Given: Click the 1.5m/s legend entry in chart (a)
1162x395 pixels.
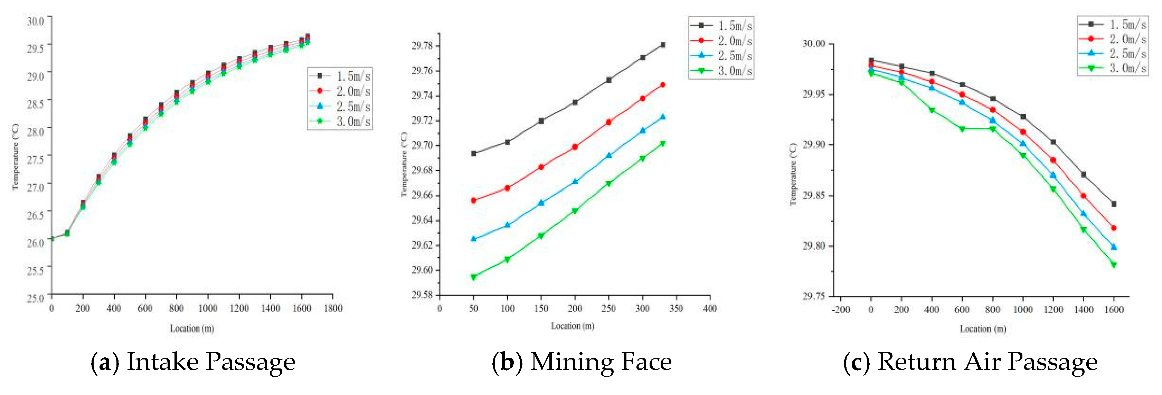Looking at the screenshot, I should click(x=341, y=76).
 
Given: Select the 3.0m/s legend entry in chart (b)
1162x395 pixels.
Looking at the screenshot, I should click(x=722, y=71).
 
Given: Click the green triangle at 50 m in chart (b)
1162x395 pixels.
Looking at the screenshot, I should click(x=474, y=277).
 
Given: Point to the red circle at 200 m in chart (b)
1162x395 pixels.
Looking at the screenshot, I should click(x=575, y=147).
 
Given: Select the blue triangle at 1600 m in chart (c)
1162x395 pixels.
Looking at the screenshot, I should click(x=1114, y=247).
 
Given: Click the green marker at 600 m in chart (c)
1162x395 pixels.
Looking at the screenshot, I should click(x=962, y=129).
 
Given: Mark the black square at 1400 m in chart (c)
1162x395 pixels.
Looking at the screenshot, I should click(x=1084, y=174).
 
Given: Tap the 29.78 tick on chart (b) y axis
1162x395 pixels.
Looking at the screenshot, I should click(x=422, y=46).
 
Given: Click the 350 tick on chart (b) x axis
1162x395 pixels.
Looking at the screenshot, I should click(x=676, y=308).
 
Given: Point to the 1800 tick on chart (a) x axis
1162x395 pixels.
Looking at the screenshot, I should click(x=333, y=308).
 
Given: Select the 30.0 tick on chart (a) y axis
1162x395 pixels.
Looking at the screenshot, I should click(x=35, y=21).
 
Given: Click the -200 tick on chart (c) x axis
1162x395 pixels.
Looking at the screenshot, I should click(x=841, y=310).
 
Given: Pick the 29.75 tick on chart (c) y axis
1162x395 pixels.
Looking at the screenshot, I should click(x=813, y=296).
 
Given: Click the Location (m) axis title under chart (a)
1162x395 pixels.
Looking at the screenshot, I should click(x=192, y=328).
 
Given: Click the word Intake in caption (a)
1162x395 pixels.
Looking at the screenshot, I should click(x=162, y=362).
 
